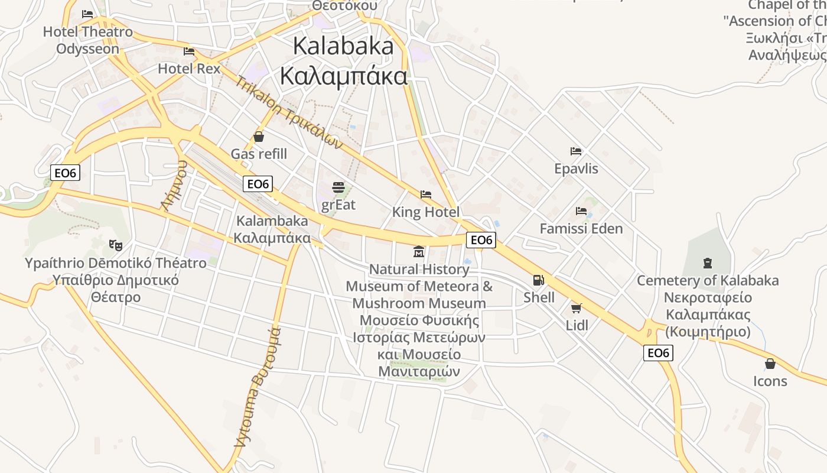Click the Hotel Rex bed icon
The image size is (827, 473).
[x=189, y=51]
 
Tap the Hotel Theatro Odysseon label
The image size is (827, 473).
[x=88, y=40]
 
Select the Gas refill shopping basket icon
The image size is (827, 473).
[x=259, y=137]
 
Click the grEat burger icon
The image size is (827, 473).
[x=338, y=187]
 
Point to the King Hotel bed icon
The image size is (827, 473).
[x=426, y=195]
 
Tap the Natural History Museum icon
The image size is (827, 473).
[x=419, y=252]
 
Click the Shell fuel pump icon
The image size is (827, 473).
[x=539, y=280]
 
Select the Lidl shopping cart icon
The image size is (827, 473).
[x=577, y=308]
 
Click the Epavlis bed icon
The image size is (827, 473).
[x=576, y=151]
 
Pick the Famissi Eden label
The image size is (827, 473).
[x=581, y=229]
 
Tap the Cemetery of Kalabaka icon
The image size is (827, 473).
[x=708, y=263]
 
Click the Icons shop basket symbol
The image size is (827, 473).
[x=770, y=364]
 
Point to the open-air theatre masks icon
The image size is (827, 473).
[x=116, y=244]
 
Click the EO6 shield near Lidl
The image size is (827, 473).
[x=658, y=353]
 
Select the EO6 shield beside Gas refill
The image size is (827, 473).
[x=258, y=184]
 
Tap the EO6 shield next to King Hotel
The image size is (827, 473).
[x=481, y=239]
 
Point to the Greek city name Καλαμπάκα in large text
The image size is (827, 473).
[x=344, y=77]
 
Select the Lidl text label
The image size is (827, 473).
[x=577, y=325]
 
